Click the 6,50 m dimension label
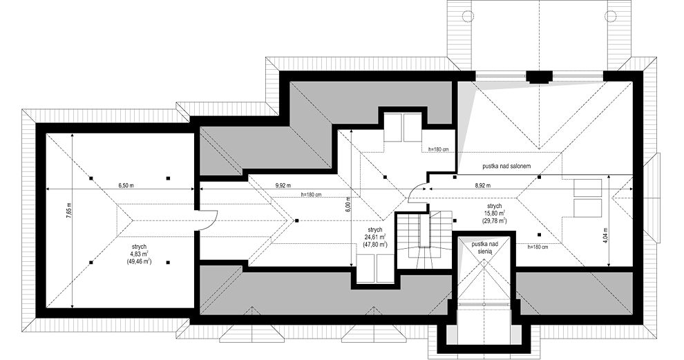[126, 185]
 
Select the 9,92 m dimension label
[283, 185]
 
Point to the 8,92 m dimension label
[482, 185]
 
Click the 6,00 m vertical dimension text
[348, 204]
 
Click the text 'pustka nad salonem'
[506, 167]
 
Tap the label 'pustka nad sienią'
[484, 248]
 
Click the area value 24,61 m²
[375, 237]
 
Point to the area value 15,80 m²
[495, 214]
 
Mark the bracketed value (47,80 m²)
[375, 245]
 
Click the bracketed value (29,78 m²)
[495, 221]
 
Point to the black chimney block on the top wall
[539, 77]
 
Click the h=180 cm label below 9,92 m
[312, 194]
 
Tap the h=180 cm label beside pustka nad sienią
[538, 247]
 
